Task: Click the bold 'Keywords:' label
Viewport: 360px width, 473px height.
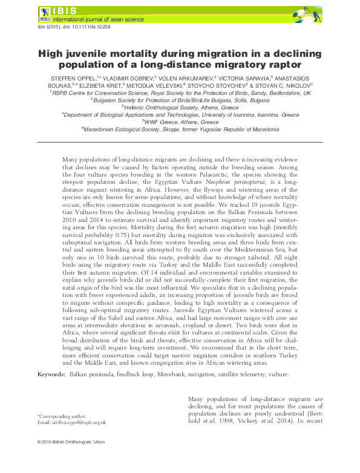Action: pos(51,375)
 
